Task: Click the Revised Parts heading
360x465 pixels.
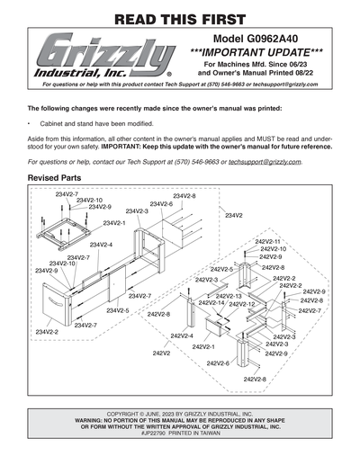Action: (x=57, y=180)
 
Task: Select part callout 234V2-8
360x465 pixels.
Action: (x=184, y=195)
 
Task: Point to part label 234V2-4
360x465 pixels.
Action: (x=100, y=244)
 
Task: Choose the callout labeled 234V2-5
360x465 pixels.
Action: (x=118, y=310)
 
